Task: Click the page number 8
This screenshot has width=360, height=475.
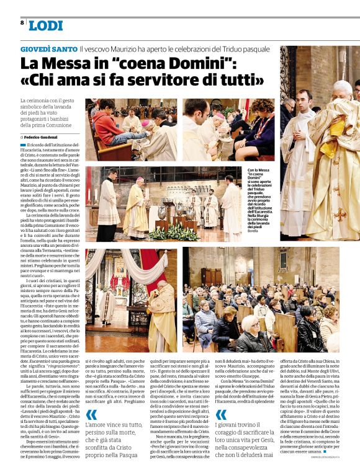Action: coord(22,22)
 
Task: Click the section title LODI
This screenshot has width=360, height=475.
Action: coord(45,25)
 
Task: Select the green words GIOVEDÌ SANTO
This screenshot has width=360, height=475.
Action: coord(48,48)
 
